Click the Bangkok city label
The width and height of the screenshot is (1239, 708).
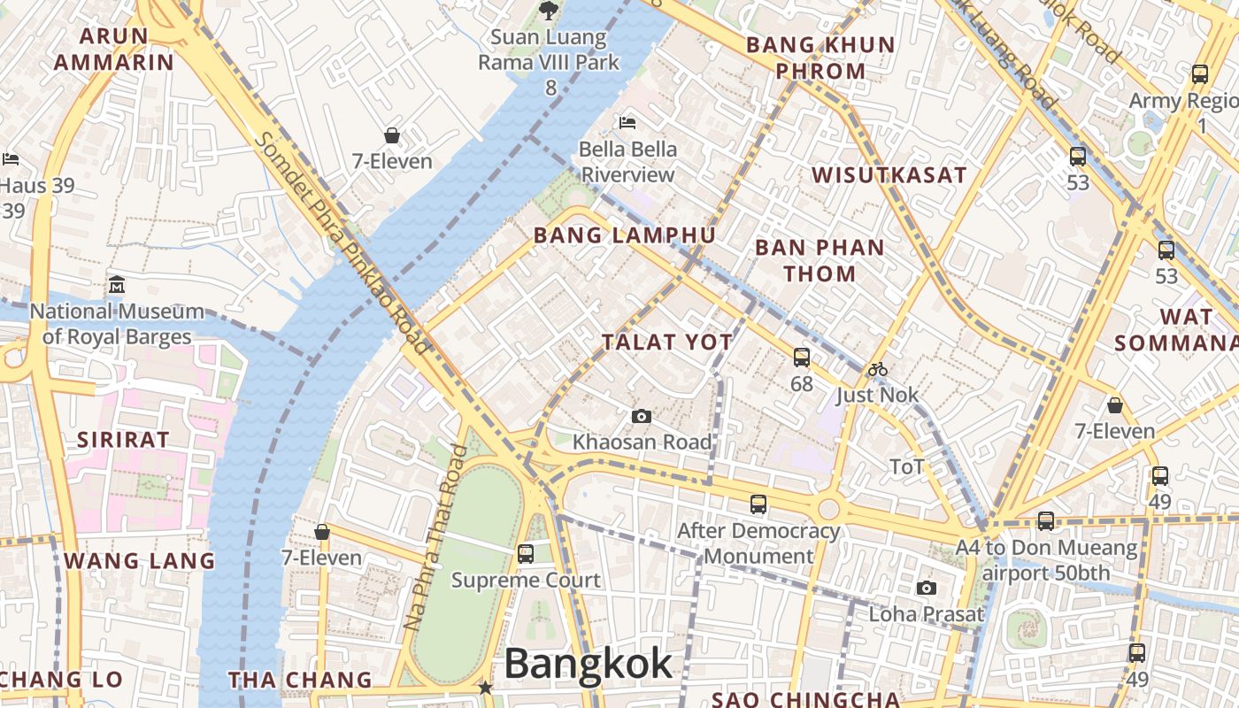pyautogui.click(x=589, y=664)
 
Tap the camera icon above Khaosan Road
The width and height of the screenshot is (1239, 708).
pyautogui.click(x=642, y=416)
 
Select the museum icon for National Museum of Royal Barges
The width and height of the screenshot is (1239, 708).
pyautogui.click(x=117, y=286)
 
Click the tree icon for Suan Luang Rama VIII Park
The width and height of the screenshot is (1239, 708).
pyautogui.click(x=549, y=11)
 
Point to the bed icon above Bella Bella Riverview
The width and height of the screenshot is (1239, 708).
pyautogui.click(x=627, y=122)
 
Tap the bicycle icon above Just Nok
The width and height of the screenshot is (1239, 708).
pyautogui.click(x=877, y=369)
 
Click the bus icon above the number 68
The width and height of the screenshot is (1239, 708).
pyautogui.click(x=802, y=358)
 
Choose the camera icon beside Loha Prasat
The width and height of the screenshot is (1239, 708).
pyautogui.click(x=926, y=588)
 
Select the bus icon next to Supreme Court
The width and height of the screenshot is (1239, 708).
pyautogui.click(x=526, y=554)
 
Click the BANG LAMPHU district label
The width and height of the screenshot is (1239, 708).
pyautogui.click(x=624, y=235)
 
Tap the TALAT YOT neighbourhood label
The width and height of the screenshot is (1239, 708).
pyautogui.click(x=667, y=342)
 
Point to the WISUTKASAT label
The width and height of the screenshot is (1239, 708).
pyautogui.click(x=889, y=175)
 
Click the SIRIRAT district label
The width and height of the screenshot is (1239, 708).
pyautogui.click(x=122, y=440)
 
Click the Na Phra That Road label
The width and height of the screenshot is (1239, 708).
pyautogui.click(x=435, y=537)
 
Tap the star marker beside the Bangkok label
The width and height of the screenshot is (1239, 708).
pyautogui.click(x=484, y=687)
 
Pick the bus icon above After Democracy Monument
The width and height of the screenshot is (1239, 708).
pyautogui.click(x=758, y=504)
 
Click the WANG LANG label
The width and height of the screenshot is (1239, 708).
pyautogui.click(x=139, y=560)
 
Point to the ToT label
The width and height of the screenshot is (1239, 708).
pyautogui.click(x=906, y=466)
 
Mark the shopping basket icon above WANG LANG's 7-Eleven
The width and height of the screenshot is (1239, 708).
pyautogui.click(x=322, y=532)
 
